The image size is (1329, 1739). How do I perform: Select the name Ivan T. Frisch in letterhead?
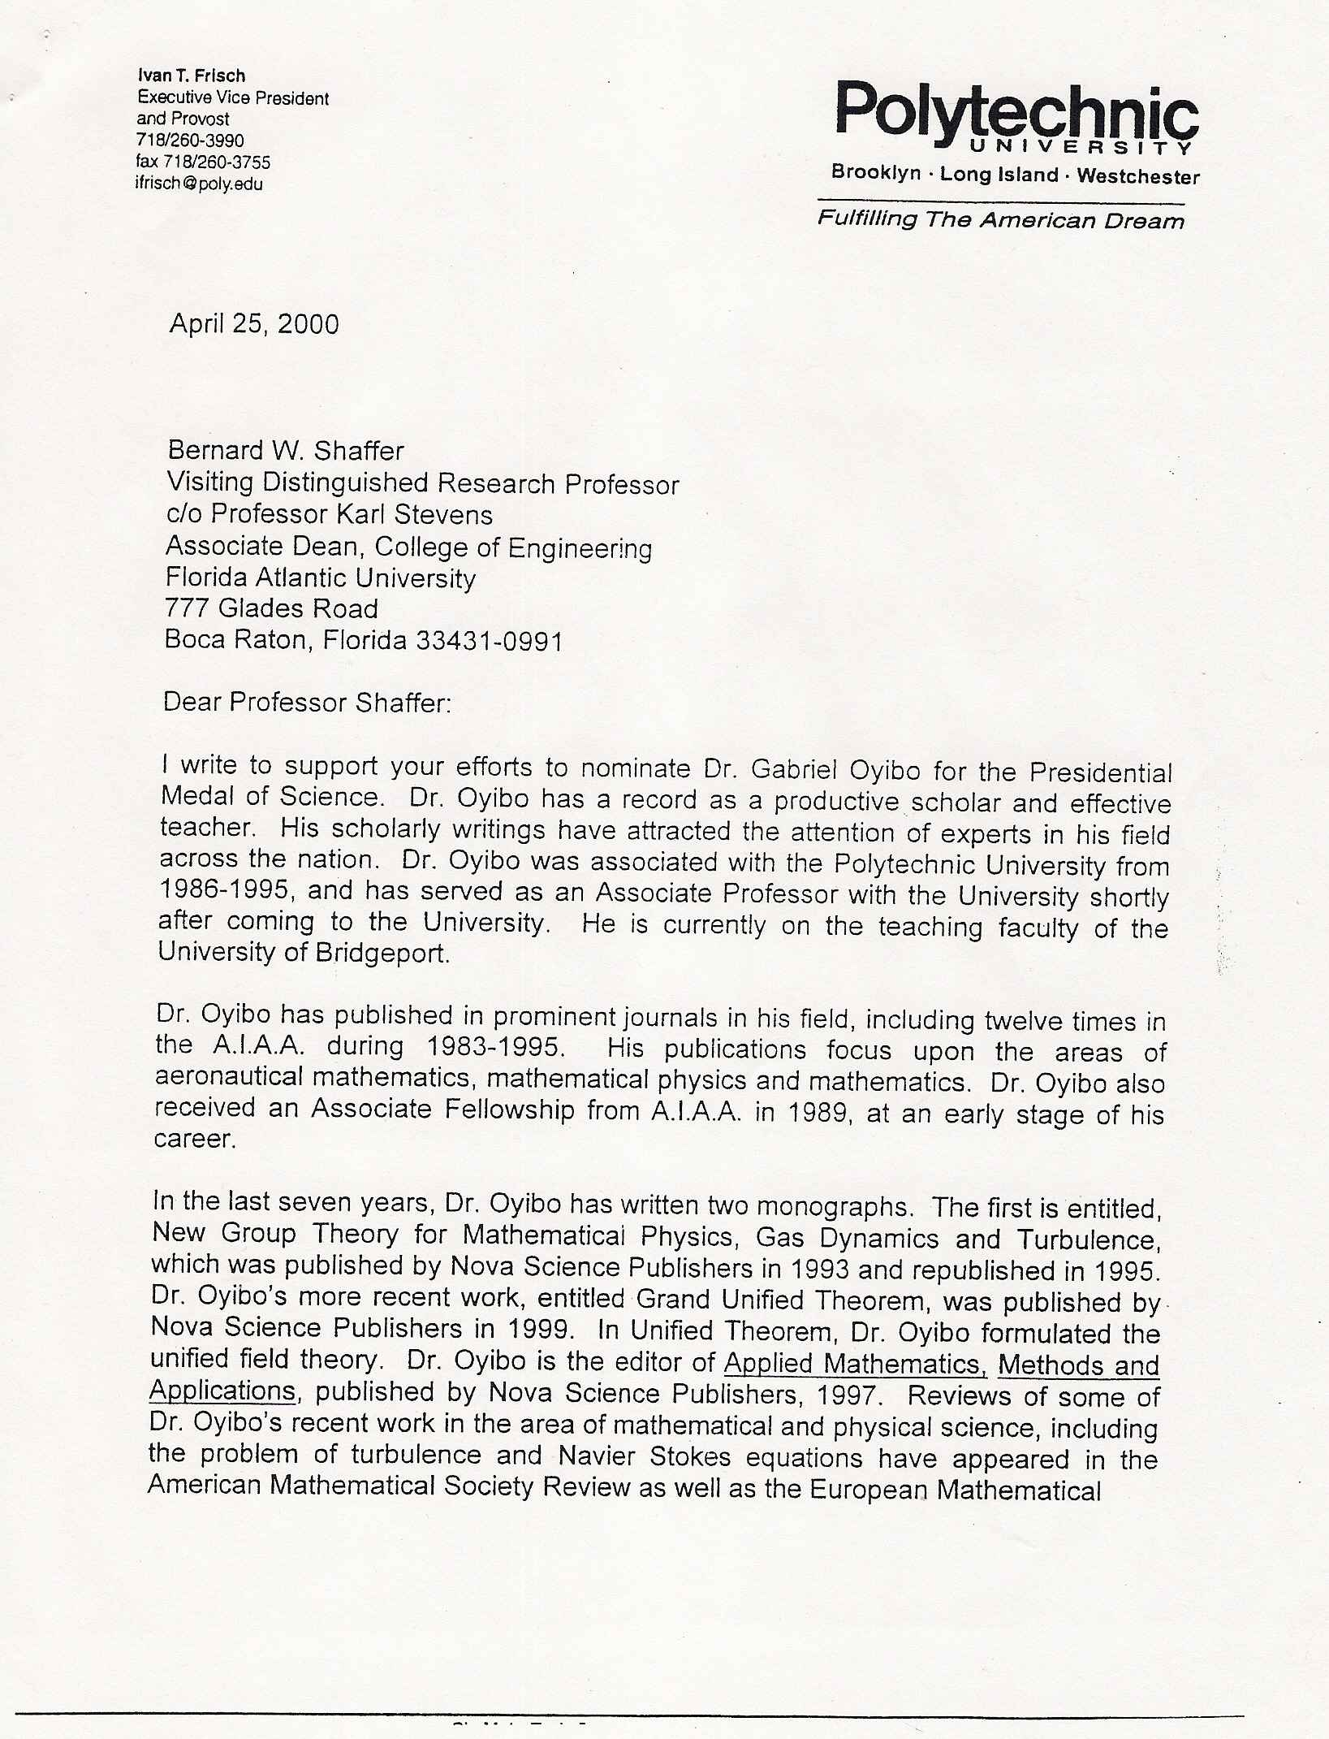pos(192,76)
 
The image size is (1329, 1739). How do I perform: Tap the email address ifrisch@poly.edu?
pos(199,184)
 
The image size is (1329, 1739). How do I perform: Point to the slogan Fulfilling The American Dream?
pos(1000,220)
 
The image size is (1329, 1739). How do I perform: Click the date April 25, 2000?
pos(254,324)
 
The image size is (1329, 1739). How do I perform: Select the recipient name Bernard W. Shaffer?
pos(285,450)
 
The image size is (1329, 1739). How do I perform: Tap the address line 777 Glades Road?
pos(271,608)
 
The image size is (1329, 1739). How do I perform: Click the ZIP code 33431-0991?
pos(490,641)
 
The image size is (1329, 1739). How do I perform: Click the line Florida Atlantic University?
pos(320,578)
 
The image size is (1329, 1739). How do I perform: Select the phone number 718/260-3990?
pos(191,141)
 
